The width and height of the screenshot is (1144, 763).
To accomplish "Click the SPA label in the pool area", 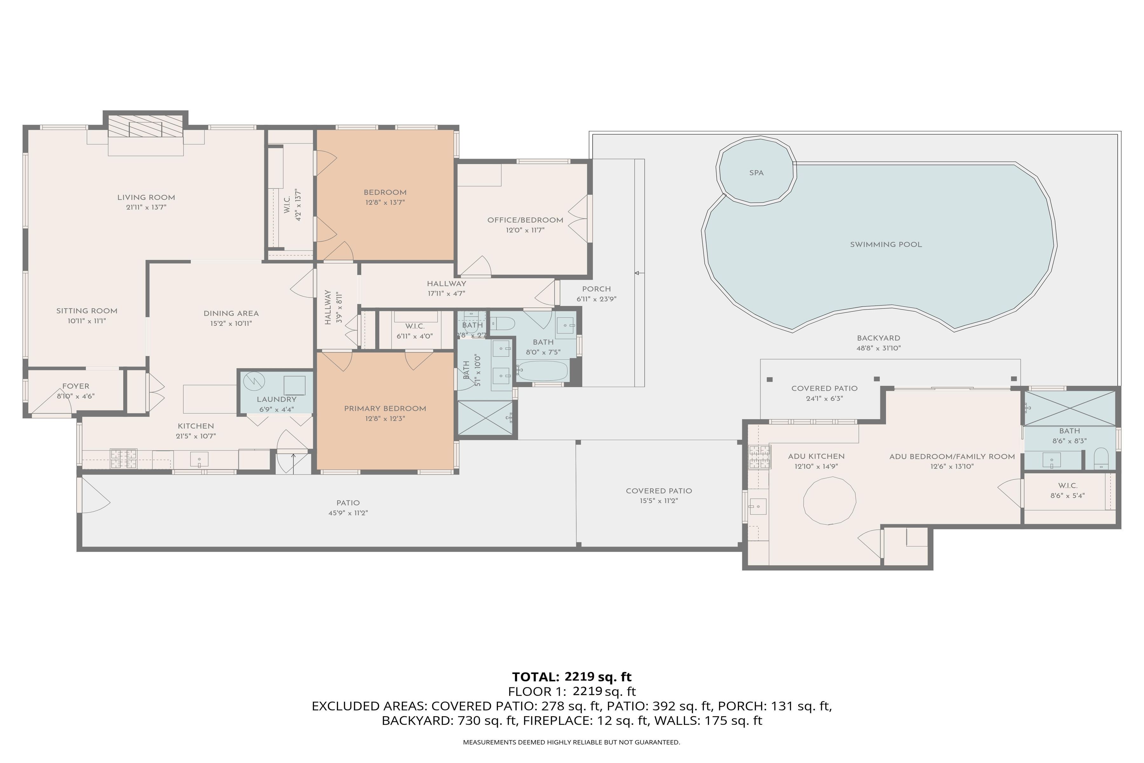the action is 756,173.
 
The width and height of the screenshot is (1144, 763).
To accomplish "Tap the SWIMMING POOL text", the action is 886,245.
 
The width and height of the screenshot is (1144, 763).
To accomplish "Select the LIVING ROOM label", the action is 146,197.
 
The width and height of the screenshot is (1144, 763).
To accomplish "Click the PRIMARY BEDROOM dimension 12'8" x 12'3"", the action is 385,418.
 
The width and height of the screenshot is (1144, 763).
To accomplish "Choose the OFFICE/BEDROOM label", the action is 525,220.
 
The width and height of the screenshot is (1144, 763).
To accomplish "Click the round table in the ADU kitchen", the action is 830,501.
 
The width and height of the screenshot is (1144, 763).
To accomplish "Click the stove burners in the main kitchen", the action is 124,459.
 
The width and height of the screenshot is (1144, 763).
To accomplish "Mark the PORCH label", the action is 596,289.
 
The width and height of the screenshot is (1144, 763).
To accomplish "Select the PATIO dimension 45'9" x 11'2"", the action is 348,513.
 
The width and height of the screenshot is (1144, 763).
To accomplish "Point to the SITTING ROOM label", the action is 86,311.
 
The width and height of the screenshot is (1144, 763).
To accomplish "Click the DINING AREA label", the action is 231,313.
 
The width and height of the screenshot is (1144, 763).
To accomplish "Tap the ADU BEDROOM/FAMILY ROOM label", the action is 952,457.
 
